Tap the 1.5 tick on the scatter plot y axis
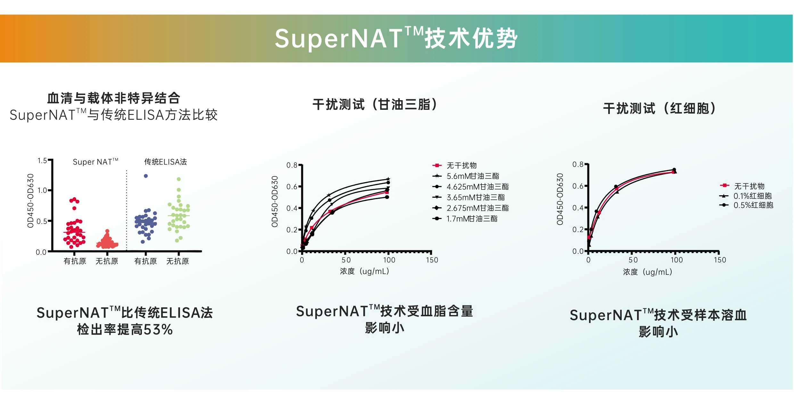coord(42,161)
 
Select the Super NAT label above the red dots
coord(95,162)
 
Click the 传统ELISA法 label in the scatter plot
coord(165,162)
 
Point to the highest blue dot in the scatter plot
coord(146,176)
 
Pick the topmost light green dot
coord(179,179)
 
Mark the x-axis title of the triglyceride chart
coord(364,271)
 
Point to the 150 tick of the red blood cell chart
coord(720,260)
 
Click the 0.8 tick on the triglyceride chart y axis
coord(292,165)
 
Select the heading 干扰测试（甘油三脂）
coord(375,104)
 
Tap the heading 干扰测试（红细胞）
coord(659,108)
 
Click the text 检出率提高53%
coord(125,329)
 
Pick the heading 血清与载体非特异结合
coord(114,98)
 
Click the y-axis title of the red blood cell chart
coord(560,199)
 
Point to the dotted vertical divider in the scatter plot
coord(127,210)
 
